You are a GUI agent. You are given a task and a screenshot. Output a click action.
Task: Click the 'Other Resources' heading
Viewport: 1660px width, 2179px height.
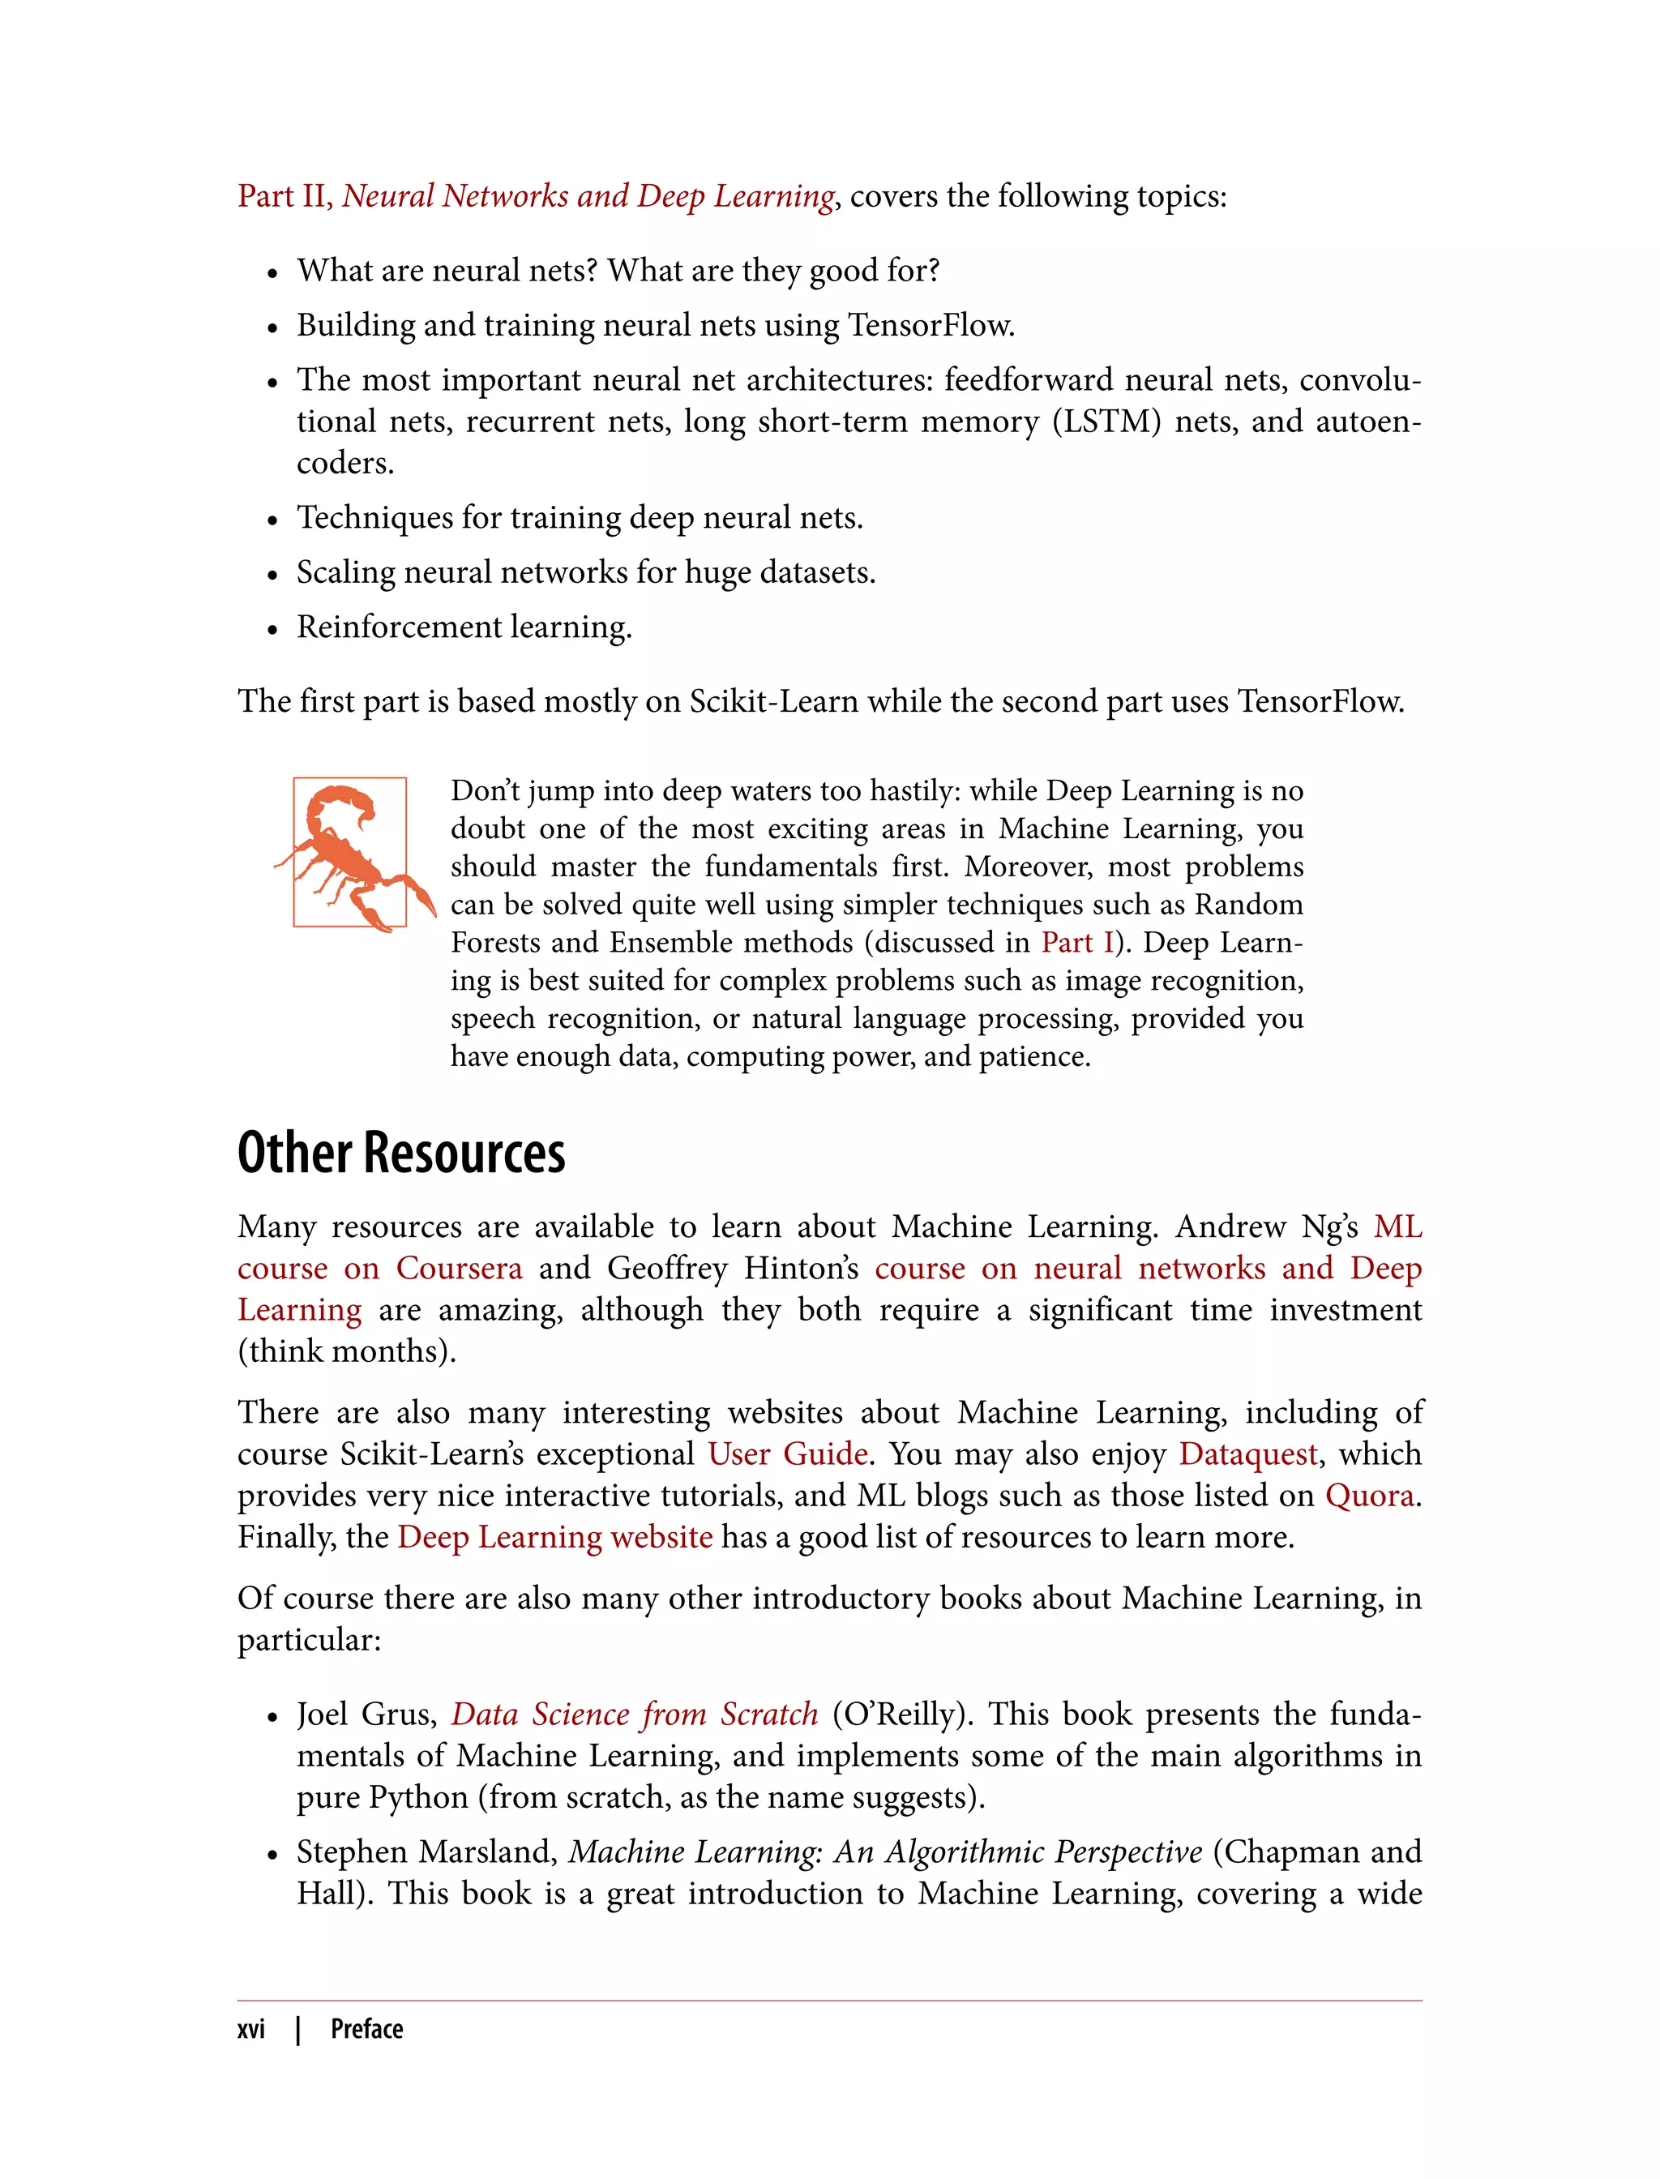401,1154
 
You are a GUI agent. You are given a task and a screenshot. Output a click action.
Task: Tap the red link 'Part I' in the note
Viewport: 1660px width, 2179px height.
1076,943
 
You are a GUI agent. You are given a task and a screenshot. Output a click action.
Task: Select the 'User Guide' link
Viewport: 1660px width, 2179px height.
788,1453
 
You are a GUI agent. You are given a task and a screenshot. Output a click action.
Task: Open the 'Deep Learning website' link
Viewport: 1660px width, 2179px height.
554,1537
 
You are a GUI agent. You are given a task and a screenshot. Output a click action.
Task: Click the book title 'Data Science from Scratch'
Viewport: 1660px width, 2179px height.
635,1714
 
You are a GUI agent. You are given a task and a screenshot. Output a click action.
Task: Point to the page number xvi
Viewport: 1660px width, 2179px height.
251,2029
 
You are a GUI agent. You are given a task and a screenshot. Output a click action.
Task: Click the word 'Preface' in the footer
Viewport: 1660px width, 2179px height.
366,2029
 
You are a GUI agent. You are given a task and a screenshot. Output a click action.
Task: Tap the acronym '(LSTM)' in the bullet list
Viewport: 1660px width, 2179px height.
1106,422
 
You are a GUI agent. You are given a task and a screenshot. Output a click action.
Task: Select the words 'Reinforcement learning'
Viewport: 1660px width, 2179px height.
464,627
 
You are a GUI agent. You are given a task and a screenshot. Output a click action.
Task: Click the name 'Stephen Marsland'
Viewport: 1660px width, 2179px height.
427,1852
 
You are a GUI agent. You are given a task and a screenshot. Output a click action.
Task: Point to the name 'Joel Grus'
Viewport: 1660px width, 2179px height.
365,1714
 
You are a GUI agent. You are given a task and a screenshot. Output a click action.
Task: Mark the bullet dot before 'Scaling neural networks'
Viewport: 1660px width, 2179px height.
272,575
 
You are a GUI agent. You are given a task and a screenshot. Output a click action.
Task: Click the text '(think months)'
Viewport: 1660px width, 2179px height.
347,1351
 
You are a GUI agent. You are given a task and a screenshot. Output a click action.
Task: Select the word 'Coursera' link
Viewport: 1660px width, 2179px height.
459,1268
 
